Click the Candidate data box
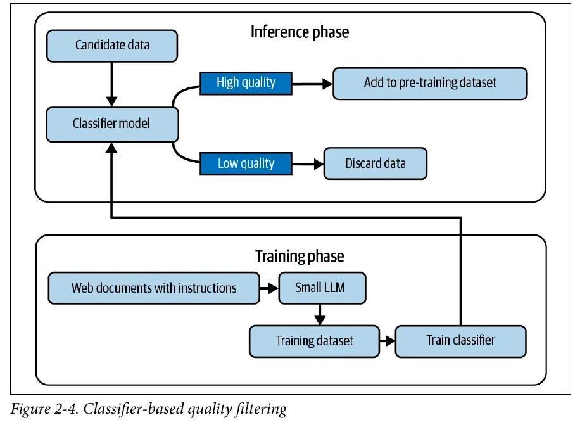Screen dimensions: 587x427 coord(112,46)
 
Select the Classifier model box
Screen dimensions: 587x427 coord(112,124)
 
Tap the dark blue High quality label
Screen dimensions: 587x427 coord(246,83)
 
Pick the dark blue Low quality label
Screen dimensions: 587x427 coord(246,163)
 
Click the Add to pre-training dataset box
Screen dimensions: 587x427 coord(430,83)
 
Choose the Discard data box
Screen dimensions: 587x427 coord(375,163)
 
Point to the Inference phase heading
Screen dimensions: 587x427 coord(300,32)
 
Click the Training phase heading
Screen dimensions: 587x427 coord(300,257)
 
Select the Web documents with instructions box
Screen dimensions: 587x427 coord(154,288)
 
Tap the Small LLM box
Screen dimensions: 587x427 coord(322,288)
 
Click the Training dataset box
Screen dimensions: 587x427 coord(315,341)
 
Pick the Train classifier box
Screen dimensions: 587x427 coord(461,341)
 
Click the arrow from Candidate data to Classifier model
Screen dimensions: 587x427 coord(111,84)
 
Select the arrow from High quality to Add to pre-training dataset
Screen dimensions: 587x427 coord(312,84)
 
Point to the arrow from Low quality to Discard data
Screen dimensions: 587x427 coord(308,164)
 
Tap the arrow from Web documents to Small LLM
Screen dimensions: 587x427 coord(269,288)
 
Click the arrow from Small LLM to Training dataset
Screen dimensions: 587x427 coord(320,314)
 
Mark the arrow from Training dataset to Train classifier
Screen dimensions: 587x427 coord(388,341)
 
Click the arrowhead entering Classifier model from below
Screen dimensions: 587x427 coord(111,148)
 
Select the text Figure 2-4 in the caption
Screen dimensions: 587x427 coord(44,409)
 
